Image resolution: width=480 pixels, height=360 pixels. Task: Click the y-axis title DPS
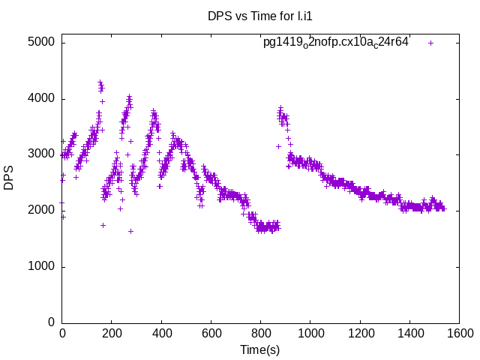(9, 178)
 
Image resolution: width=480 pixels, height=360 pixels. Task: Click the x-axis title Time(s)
(260, 349)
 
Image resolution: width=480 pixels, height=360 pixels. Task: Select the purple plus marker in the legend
(430, 43)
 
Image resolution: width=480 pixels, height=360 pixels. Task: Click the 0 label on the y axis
(51, 322)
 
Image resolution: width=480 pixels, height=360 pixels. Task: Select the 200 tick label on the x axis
(112, 334)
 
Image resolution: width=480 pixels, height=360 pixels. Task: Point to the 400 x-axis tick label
(161, 334)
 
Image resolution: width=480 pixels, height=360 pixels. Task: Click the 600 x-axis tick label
(211, 334)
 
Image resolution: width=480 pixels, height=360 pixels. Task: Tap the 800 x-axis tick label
(261, 334)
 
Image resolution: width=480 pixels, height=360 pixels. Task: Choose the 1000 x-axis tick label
(310, 334)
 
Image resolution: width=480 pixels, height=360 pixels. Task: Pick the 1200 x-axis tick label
(360, 334)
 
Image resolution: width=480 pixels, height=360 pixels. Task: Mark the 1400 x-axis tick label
(409, 334)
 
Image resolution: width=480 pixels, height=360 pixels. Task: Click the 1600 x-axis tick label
(459, 334)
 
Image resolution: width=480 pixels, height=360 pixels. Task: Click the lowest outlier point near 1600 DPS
(130, 231)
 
